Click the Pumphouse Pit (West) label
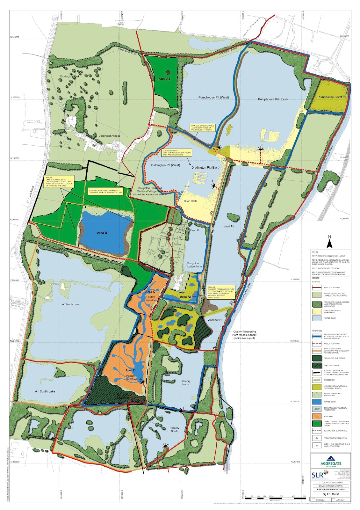click(x=213, y=98)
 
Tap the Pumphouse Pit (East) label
click(x=273, y=99)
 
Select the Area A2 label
click(x=164, y=79)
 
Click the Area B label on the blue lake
click(x=102, y=233)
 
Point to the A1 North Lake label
click(x=71, y=304)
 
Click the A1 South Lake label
click(x=45, y=391)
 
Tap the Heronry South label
click(x=174, y=430)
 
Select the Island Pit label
click(x=228, y=227)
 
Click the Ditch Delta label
click(x=191, y=201)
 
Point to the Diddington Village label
click(x=109, y=136)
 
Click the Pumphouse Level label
click(x=330, y=97)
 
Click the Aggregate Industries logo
click(x=331, y=462)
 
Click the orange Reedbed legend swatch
click(x=317, y=416)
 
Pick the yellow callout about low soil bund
click(x=203, y=127)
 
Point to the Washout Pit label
click(x=215, y=320)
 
